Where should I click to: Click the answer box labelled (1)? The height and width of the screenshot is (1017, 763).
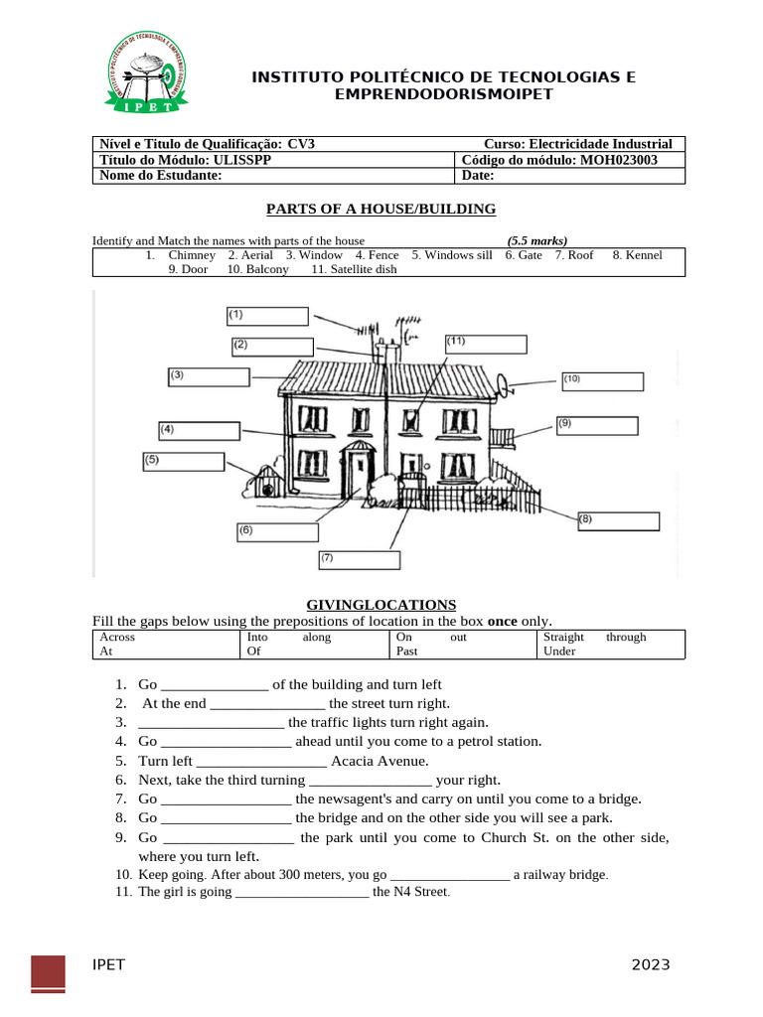[x=267, y=316]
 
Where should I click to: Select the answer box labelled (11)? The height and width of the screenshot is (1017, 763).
[x=485, y=344]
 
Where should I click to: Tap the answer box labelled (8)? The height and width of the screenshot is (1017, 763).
[x=618, y=521]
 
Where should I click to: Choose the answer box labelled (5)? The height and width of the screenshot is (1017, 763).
[x=184, y=462]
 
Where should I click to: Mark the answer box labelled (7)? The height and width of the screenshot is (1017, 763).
[x=359, y=560]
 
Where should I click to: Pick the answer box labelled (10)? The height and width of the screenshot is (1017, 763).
[x=602, y=381]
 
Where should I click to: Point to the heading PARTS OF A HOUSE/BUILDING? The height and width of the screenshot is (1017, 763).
[x=381, y=209]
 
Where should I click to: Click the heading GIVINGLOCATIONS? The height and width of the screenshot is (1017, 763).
[x=381, y=604]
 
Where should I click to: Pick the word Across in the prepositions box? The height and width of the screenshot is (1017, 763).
[x=117, y=637]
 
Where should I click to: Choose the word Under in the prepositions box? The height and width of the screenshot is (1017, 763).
[x=559, y=652]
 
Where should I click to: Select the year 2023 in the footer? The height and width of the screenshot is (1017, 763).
[x=650, y=964]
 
